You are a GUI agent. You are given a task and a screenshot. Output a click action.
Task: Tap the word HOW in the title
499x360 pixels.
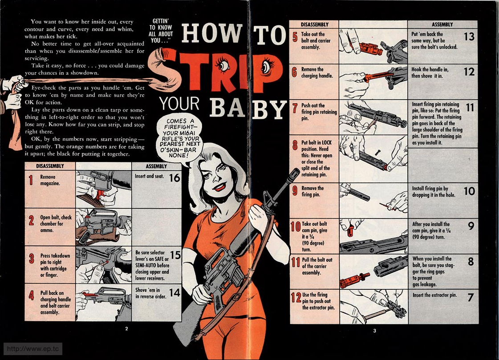tap(212, 33)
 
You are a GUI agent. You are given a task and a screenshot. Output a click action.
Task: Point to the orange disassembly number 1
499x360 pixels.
tap(31, 180)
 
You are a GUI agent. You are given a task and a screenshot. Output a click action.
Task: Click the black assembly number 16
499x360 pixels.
tap(174, 178)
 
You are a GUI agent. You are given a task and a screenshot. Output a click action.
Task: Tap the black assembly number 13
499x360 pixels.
tap(469, 36)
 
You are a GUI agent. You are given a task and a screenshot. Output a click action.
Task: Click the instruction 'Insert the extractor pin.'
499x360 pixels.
tap(435, 295)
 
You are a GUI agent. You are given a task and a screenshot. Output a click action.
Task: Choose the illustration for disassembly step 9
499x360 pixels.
tap(373, 200)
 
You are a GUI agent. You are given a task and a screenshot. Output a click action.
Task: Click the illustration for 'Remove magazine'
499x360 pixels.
tap(103, 189)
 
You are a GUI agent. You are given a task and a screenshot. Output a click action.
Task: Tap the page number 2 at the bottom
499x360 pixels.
tap(126, 328)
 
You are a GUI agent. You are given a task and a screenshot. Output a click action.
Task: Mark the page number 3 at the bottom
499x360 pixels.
tap(374, 331)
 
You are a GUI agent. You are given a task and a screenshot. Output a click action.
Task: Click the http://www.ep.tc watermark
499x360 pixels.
tap(33, 349)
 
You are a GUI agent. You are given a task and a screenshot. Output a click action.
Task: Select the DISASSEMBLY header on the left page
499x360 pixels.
tap(50, 166)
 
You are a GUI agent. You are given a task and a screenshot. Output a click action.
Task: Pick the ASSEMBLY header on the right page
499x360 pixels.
tap(442, 24)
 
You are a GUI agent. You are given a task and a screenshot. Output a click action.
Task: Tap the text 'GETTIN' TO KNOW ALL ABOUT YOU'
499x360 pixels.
tap(161, 31)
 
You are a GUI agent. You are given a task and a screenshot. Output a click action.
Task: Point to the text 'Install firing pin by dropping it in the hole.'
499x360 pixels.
tap(434, 191)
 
